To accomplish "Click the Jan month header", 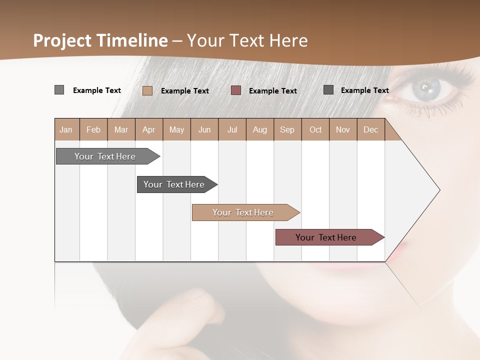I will point(66,129).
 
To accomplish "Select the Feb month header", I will point(93,129).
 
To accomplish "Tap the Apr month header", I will point(149,129).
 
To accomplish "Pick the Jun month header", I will point(204,129).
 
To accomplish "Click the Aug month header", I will point(260,129).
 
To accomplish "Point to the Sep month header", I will point(287,129).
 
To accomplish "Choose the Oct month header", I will point(315,129).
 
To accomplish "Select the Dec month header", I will point(371,129).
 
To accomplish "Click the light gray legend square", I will point(59,90).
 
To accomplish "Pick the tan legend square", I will point(147,90).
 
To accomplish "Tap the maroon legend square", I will point(236,90).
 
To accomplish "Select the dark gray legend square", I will point(328,90).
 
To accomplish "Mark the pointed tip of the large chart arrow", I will point(439,190).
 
